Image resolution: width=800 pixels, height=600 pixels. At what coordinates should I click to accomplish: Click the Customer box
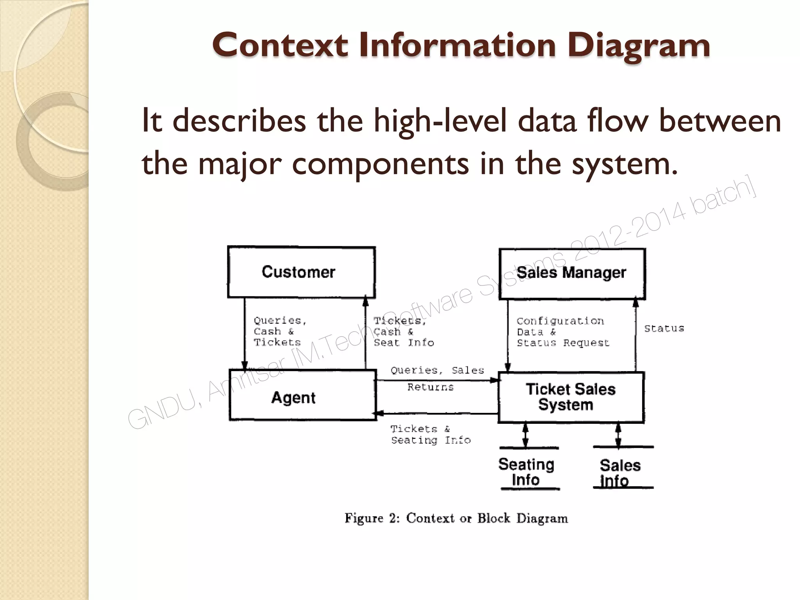[301, 272]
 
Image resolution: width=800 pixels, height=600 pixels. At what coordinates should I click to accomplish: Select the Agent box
[302, 395]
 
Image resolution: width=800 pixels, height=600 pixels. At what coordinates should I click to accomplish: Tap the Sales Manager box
[572, 273]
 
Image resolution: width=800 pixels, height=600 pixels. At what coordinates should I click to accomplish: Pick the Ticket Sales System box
[571, 397]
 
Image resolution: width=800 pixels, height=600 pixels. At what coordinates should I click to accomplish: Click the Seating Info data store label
[526, 471]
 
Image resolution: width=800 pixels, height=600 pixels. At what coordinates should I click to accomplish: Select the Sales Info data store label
[620, 473]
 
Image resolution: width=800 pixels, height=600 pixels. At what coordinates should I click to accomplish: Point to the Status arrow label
[664, 329]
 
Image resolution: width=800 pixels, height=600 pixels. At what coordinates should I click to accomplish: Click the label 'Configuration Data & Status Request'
[562, 332]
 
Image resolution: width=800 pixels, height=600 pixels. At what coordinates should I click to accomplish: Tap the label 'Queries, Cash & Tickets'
[280, 331]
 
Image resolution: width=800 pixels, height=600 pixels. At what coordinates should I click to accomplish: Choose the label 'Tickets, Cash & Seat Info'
[403, 332]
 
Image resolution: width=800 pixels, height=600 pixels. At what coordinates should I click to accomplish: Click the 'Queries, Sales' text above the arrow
[437, 370]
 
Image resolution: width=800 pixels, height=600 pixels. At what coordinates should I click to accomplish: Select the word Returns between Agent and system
[430, 387]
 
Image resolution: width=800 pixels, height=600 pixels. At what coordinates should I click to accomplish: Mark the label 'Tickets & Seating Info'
[430, 434]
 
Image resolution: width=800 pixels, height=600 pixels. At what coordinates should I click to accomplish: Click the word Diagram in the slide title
[639, 45]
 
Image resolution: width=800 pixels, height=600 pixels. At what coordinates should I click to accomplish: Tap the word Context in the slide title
[280, 45]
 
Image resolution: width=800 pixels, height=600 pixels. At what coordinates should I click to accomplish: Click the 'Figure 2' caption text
[456, 518]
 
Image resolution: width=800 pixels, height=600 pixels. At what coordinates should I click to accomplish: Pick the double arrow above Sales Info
[618, 434]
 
